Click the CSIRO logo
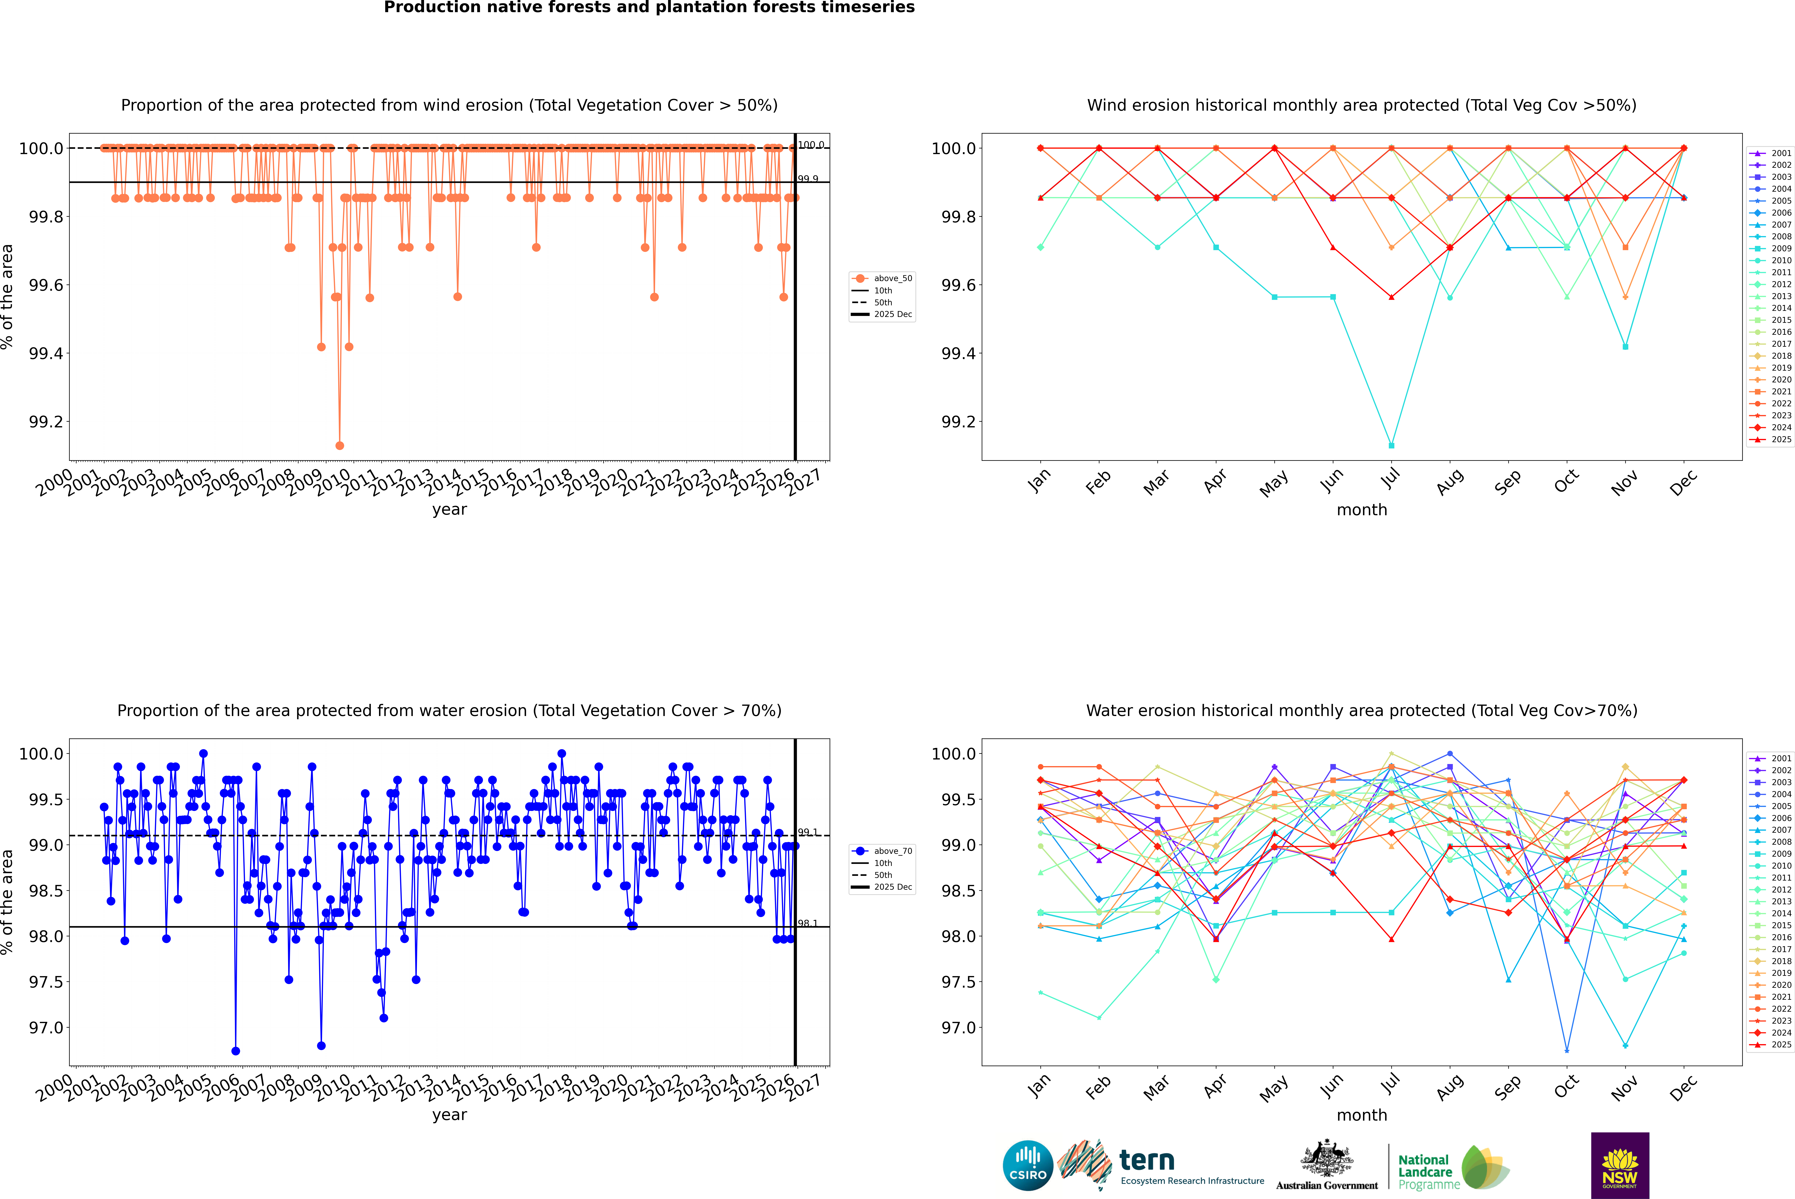pyautogui.click(x=1028, y=1165)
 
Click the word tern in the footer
pyautogui.click(x=1146, y=1161)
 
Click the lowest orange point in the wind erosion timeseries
pyautogui.click(x=340, y=445)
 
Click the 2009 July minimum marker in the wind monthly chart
pyautogui.click(x=1391, y=445)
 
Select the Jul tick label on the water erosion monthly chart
pyautogui.click(x=1391, y=1084)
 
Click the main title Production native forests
pyautogui.click(x=649, y=8)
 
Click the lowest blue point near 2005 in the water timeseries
pyautogui.click(x=236, y=1051)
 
